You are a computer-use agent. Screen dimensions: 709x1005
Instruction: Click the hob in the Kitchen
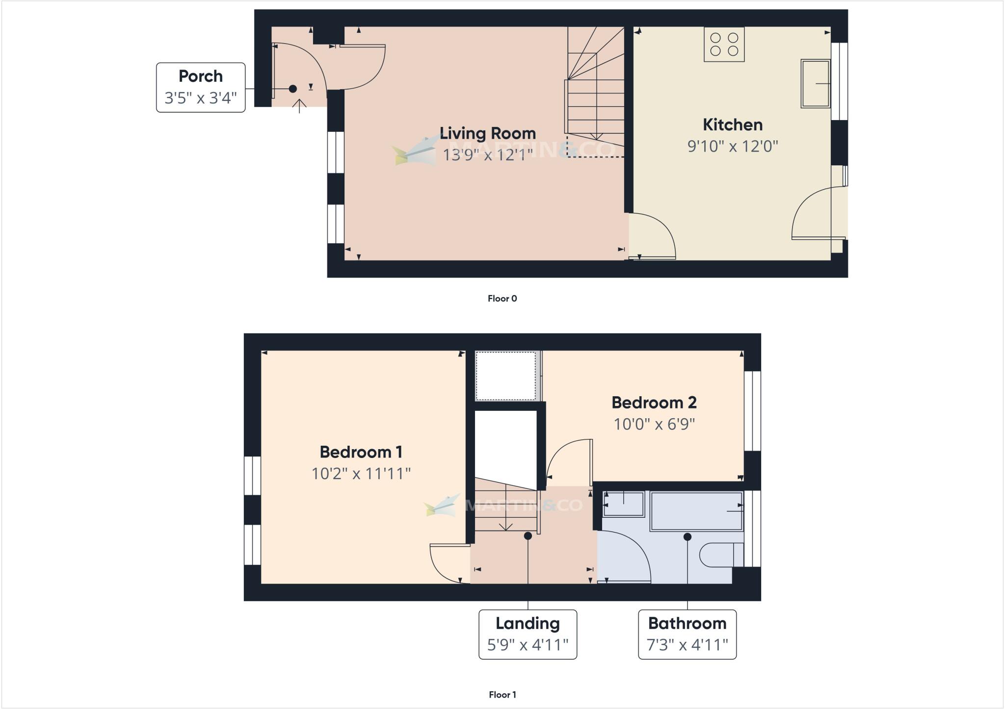click(x=724, y=45)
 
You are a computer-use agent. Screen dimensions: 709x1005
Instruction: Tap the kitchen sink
click(x=815, y=83)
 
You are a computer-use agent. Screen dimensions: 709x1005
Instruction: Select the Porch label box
click(x=201, y=87)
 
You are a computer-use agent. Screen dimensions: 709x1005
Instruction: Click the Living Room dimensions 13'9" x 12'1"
click(x=487, y=155)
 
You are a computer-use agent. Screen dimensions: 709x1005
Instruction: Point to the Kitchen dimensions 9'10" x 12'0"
click(x=733, y=146)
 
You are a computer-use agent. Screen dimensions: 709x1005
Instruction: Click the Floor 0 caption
click(x=502, y=299)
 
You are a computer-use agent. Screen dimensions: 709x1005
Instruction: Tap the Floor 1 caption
click(x=502, y=694)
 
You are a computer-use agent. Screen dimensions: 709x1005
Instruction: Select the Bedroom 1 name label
click(x=361, y=452)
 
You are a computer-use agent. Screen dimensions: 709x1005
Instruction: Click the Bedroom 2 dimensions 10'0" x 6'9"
click(x=654, y=424)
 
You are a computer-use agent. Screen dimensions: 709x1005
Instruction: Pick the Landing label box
click(x=528, y=634)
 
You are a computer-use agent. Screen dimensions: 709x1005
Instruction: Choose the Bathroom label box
click(x=687, y=634)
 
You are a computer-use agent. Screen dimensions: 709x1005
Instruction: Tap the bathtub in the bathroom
click(x=696, y=511)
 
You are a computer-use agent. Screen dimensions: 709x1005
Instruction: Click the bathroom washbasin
click(x=623, y=504)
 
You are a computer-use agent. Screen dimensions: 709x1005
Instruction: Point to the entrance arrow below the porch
click(x=299, y=106)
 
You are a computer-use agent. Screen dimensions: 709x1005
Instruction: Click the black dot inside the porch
click(x=293, y=89)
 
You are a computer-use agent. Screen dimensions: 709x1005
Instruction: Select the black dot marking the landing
click(x=528, y=536)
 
